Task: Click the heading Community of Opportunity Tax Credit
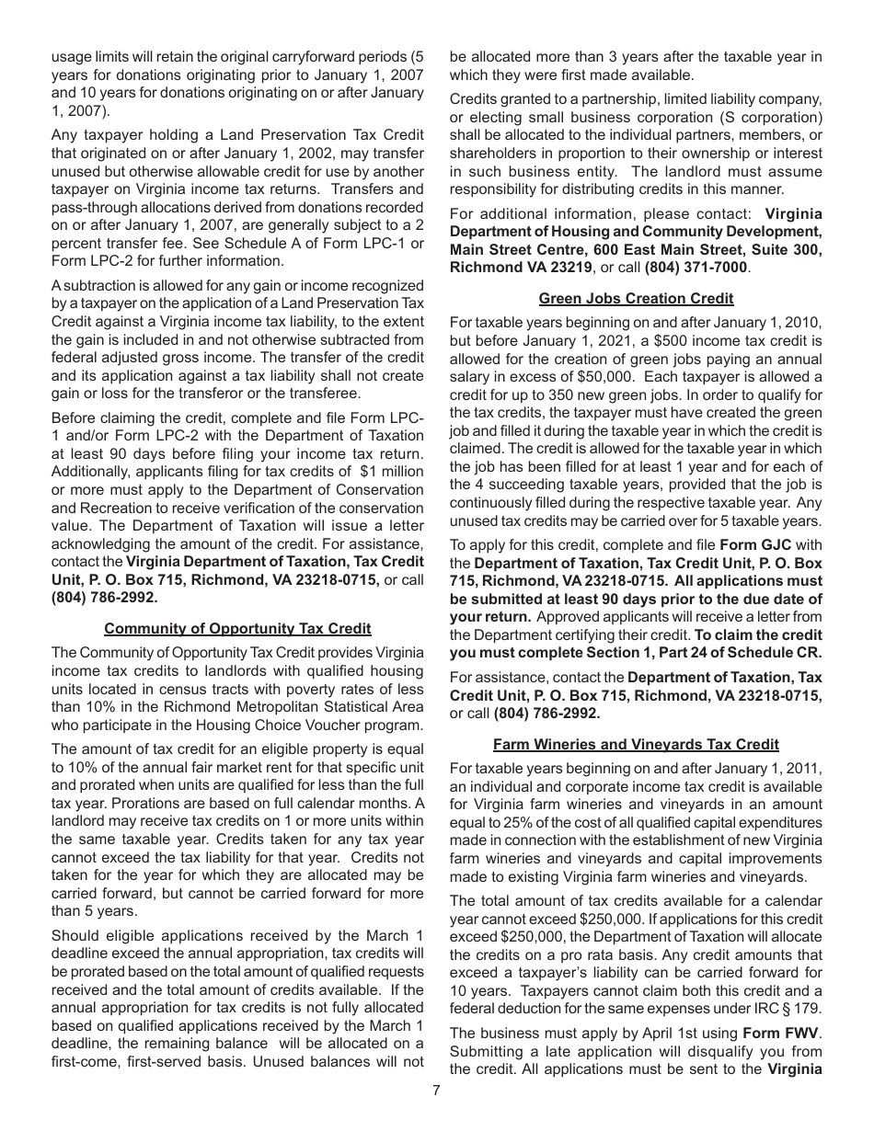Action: (x=237, y=629)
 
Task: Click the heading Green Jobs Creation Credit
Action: (x=636, y=298)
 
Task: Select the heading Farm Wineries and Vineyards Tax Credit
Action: (x=636, y=745)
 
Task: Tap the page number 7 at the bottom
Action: (x=437, y=1091)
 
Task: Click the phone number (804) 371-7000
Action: (x=696, y=268)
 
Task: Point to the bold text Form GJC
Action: (x=756, y=545)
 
